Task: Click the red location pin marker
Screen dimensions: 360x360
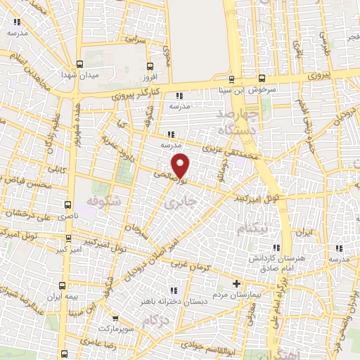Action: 181,165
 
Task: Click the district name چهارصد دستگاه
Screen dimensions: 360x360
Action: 239,121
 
